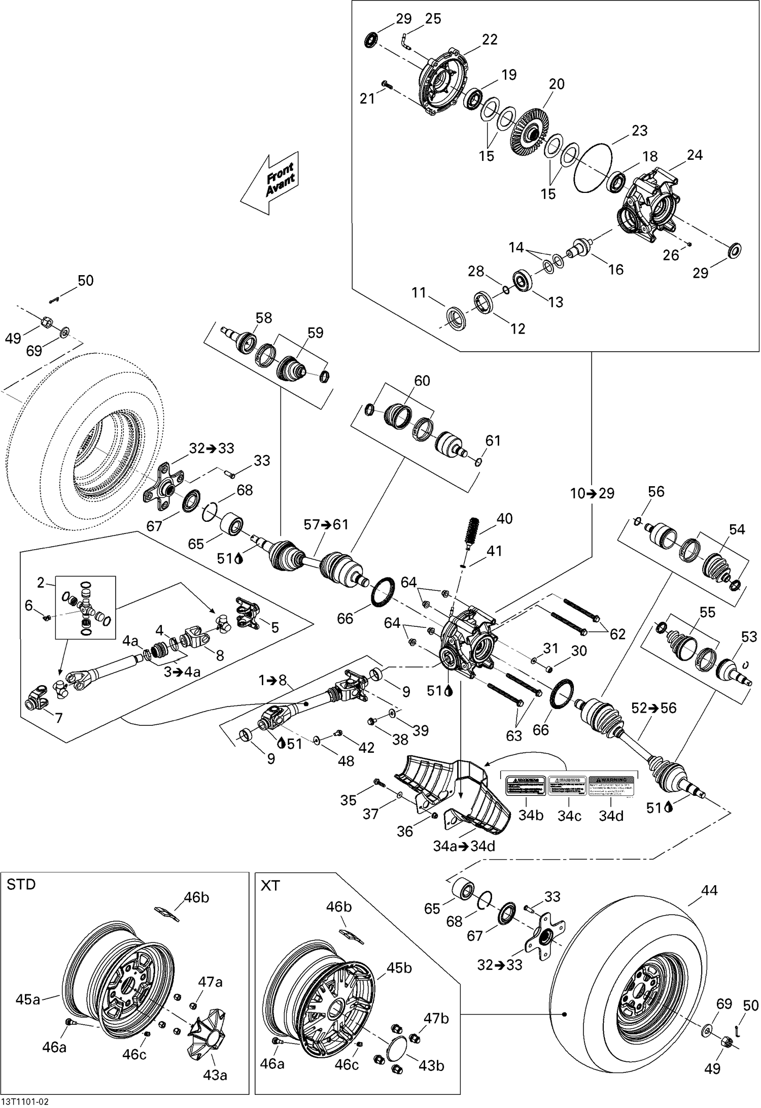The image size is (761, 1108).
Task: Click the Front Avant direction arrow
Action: pyautogui.click(x=270, y=182)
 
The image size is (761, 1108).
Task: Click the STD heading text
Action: pyautogui.click(x=21, y=885)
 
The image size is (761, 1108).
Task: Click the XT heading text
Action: pyautogui.click(x=270, y=886)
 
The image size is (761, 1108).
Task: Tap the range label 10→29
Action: pyautogui.click(x=592, y=493)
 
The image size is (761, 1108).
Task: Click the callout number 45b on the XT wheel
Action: pyautogui.click(x=399, y=968)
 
